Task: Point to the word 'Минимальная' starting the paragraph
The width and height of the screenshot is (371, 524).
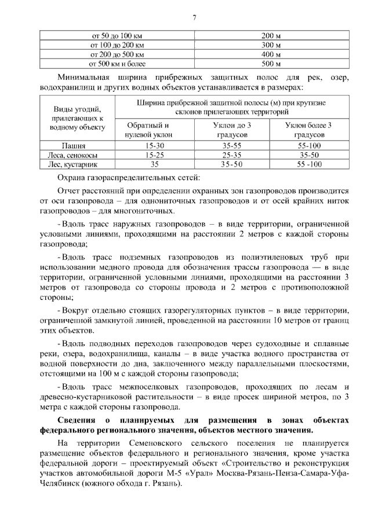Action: tap(85, 77)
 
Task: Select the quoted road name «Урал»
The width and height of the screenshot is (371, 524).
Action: tap(202, 474)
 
